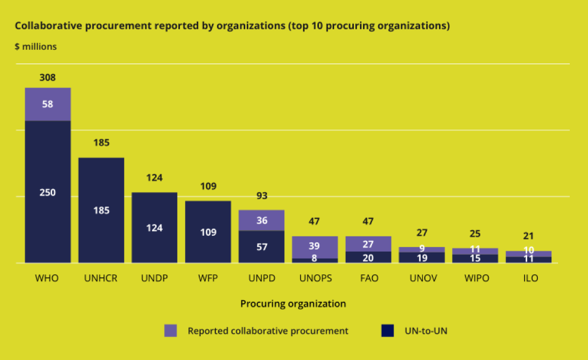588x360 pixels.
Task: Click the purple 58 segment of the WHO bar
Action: (48, 104)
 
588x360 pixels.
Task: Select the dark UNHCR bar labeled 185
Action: (101, 210)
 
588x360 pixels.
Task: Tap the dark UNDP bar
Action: (155, 228)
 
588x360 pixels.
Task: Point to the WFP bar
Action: (208, 232)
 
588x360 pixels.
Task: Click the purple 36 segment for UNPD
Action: (262, 221)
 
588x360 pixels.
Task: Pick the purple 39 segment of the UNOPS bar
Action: (315, 247)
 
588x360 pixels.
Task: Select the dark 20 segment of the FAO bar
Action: (368, 257)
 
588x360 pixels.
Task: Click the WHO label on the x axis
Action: (47, 279)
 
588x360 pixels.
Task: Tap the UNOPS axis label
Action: (314, 279)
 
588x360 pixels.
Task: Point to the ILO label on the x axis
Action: (528, 279)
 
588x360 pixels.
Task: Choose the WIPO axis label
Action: (475, 279)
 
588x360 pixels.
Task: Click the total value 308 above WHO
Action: (48, 78)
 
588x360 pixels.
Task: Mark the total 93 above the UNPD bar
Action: (262, 196)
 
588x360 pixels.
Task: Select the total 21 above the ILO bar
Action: (528, 236)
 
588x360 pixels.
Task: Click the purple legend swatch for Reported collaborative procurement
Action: (171, 331)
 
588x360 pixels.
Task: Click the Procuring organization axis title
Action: (293, 304)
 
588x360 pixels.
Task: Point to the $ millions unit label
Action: (35, 47)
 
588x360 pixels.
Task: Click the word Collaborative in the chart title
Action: (40, 26)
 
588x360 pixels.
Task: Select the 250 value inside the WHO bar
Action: (48, 193)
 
